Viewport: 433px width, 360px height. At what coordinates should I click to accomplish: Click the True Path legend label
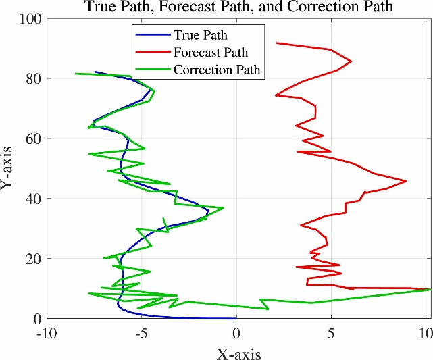pyautogui.click(x=200, y=35)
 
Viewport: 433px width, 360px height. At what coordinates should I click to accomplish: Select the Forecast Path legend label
pyautogui.click(x=210, y=52)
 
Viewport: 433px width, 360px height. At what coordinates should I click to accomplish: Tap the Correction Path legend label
pyautogui.click(x=217, y=70)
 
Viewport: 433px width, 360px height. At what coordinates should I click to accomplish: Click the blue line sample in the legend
pyautogui.click(x=152, y=35)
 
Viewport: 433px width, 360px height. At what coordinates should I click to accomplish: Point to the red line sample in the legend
pyautogui.click(x=152, y=52)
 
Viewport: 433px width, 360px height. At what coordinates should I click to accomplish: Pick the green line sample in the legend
pyautogui.click(x=152, y=70)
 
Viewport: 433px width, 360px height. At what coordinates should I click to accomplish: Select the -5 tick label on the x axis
pyautogui.click(x=141, y=332)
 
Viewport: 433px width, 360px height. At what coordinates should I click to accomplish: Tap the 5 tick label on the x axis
pyautogui.click(x=331, y=332)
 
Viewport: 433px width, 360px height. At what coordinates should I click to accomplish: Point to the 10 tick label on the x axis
pyautogui.click(x=426, y=332)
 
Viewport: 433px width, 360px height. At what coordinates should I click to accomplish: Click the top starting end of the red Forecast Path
pyautogui.click(x=276, y=43)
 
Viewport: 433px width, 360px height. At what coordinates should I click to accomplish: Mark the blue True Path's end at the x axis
pyautogui.click(x=236, y=318)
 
